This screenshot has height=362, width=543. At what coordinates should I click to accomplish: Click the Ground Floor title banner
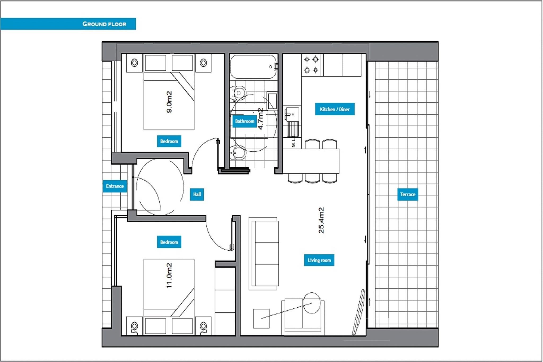coord(68,24)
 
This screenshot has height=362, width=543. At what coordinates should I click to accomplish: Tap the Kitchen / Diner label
coord(335,109)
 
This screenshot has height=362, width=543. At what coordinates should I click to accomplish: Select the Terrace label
coord(408,194)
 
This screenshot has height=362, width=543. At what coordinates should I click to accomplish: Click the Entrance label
coord(115,186)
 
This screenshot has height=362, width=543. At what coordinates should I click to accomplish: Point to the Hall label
coord(197,194)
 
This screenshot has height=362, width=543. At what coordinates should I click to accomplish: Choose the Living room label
coord(319,260)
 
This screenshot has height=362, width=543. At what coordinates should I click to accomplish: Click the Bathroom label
coord(244,121)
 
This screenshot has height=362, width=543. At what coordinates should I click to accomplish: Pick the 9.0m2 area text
coord(169,102)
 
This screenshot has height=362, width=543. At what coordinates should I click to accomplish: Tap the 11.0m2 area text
coord(169,276)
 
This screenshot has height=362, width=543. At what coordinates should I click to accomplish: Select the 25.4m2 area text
coord(321,220)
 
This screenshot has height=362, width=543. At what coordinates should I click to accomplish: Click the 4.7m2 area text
coord(261,119)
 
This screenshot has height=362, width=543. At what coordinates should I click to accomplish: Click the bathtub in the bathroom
coord(253,67)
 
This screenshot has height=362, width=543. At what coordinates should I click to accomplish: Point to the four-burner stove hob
coord(311,65)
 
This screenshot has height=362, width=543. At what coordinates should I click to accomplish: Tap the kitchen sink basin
coord(293,114)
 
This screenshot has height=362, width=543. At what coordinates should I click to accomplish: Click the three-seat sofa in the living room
coord(264,254)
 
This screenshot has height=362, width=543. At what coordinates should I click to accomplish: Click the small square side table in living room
coord(261,319)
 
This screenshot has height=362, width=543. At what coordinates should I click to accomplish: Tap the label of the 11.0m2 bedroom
coord(169,242)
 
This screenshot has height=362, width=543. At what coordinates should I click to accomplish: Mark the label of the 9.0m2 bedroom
coord(169,141)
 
